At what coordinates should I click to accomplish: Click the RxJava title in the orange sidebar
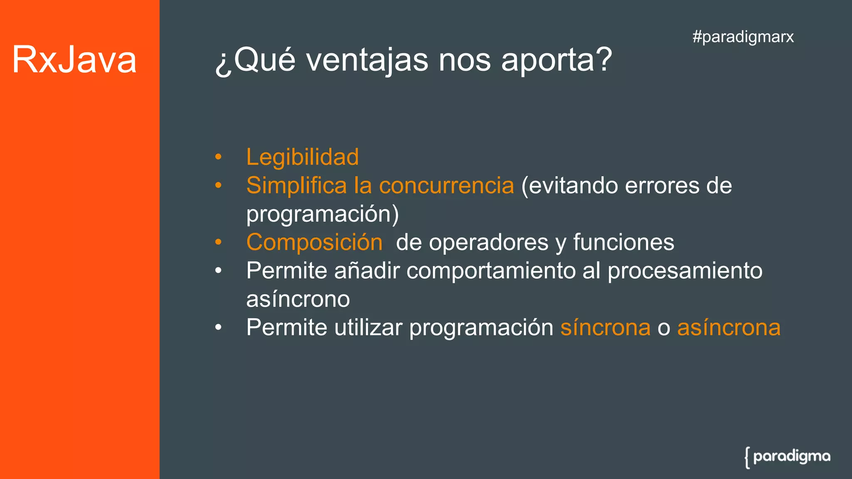(74, 60)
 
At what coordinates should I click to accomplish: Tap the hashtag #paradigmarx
(743, 37)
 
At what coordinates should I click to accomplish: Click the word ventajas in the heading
(367, 60)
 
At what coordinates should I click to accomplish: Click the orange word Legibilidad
(302, 157)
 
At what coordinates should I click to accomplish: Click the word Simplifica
(296, 185)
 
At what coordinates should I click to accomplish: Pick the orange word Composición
(314, 242)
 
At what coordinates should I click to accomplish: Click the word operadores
(488, 242)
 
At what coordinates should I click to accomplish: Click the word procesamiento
(685, 271)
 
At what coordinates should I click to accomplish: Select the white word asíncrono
(298, 299)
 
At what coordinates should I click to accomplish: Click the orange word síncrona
(605, 328)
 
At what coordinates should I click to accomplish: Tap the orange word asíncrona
(728, 328)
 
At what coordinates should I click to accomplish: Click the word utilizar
(369, 328)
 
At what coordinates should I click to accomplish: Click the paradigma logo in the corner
(787, 457)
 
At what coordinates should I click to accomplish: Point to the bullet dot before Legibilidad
(218, 158)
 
